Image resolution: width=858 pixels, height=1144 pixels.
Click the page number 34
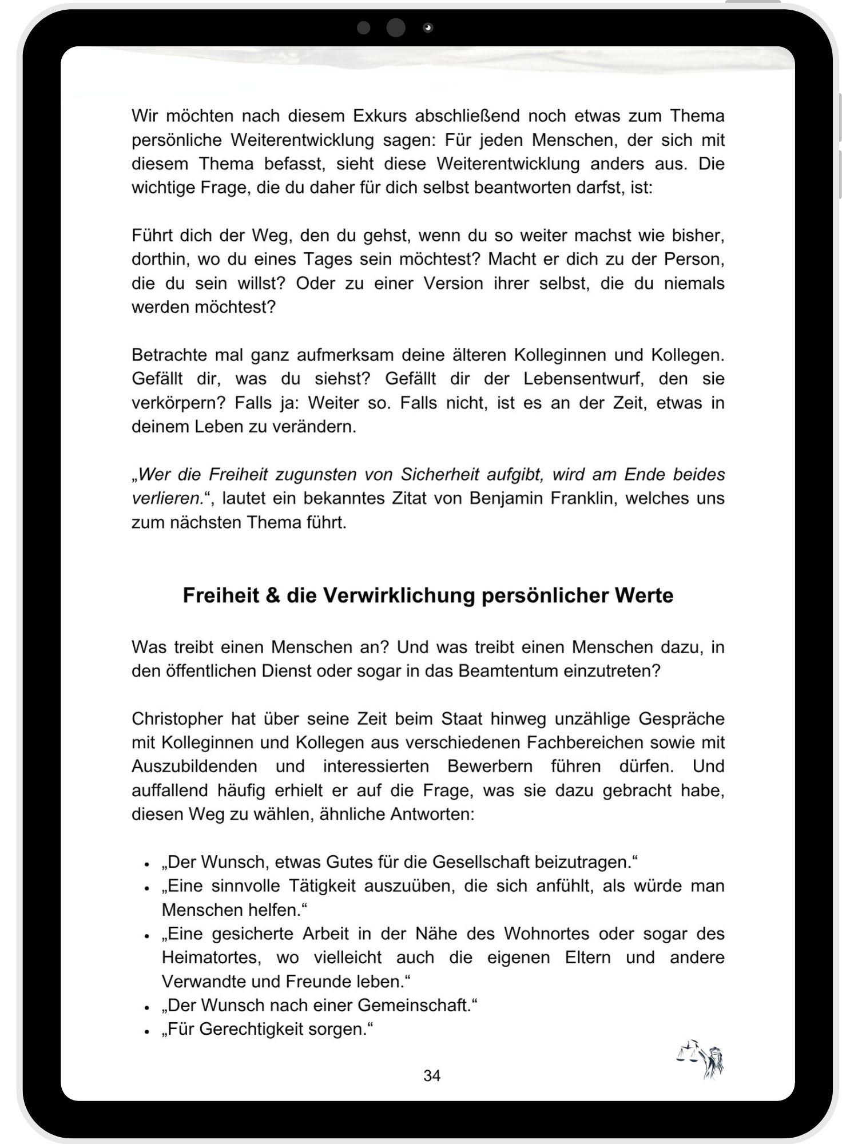click(432, 1075)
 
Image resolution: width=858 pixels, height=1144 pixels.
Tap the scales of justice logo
click(701, 1059)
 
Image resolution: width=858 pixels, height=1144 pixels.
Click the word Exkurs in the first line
click(379, 116)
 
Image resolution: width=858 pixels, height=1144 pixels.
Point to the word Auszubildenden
click(194, 766)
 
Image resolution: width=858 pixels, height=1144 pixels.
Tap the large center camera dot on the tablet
click(396, 27)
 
